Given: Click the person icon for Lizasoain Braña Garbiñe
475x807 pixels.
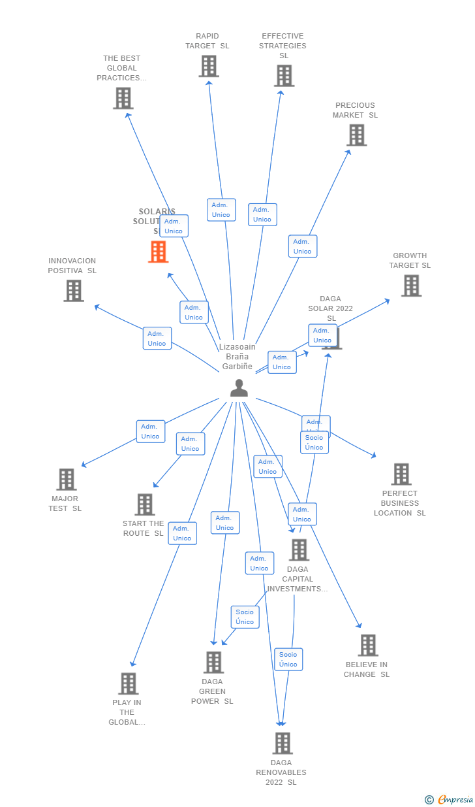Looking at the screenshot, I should (x=239, y=388).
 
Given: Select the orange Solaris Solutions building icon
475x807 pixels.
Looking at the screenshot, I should (x=158, y=252).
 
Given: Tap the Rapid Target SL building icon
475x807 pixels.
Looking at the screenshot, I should (x=209, y=66).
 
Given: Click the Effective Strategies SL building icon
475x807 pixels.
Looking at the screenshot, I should (x=284, y=76).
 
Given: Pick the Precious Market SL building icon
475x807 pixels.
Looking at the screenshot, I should (x=356, y=135).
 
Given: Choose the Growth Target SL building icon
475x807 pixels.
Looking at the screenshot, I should (x=411, y=286).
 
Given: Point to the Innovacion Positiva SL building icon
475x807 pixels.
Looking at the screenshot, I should (x=74, y=291).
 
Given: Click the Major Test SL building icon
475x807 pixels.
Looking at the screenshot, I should (x=66, y=480).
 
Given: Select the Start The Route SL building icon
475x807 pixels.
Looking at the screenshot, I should (x=145, y=504).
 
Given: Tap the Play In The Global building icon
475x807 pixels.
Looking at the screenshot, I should (x=128, y=683).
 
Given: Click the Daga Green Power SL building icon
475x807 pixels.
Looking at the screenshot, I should (x=213, y=663).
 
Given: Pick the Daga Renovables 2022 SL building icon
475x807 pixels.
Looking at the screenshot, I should (x=282, y=744).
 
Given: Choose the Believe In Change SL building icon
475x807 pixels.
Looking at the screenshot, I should (x=368, y=646).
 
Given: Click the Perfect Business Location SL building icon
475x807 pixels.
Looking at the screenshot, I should (x=401, y=474).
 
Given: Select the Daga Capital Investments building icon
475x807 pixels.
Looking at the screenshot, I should (x=299, y=550).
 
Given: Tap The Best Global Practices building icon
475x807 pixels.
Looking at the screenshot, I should (x=123, y=99).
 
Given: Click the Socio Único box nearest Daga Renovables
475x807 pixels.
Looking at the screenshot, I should (x=288, y=659).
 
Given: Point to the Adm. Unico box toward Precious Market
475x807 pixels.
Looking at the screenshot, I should (x=302, y=246).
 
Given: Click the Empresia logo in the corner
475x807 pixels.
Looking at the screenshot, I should (x=450, y=799).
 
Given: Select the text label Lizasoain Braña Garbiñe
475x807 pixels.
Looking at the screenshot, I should (x=237, y=357).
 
